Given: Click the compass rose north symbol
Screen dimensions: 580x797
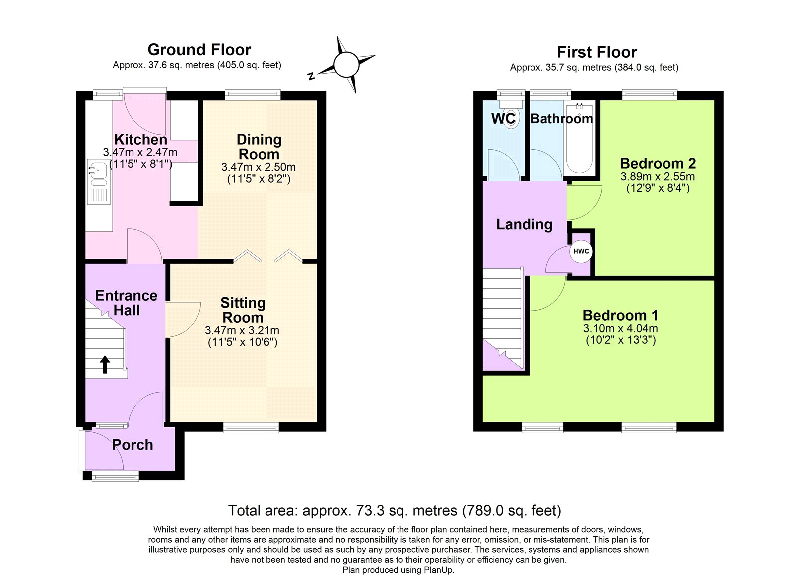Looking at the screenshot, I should coord(346,65).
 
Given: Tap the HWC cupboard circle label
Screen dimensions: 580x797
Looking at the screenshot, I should coord(581,251).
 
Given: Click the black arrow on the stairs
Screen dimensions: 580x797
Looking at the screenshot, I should coord(105,364).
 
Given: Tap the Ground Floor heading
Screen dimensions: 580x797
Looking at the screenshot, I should coord(199,50).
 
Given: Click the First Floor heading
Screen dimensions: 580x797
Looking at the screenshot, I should coord(596,52).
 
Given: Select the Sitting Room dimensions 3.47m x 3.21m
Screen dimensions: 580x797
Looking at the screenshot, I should coord(242,330).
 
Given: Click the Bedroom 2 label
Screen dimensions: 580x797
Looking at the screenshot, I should coord(658,163).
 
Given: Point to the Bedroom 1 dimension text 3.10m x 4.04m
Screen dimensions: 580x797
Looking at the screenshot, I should coord(620,329).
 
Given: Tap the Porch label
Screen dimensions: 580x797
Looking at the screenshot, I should coord(133,445).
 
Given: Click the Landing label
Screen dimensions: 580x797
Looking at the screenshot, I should coord(524,224).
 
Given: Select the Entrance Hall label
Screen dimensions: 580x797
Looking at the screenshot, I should coord(126,303).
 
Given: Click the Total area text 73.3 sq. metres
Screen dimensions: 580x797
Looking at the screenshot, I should coord(395,511).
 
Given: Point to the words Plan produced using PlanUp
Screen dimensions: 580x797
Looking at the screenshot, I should coord(398,570).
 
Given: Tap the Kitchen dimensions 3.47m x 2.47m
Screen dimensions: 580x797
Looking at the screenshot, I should coord(140,152).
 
